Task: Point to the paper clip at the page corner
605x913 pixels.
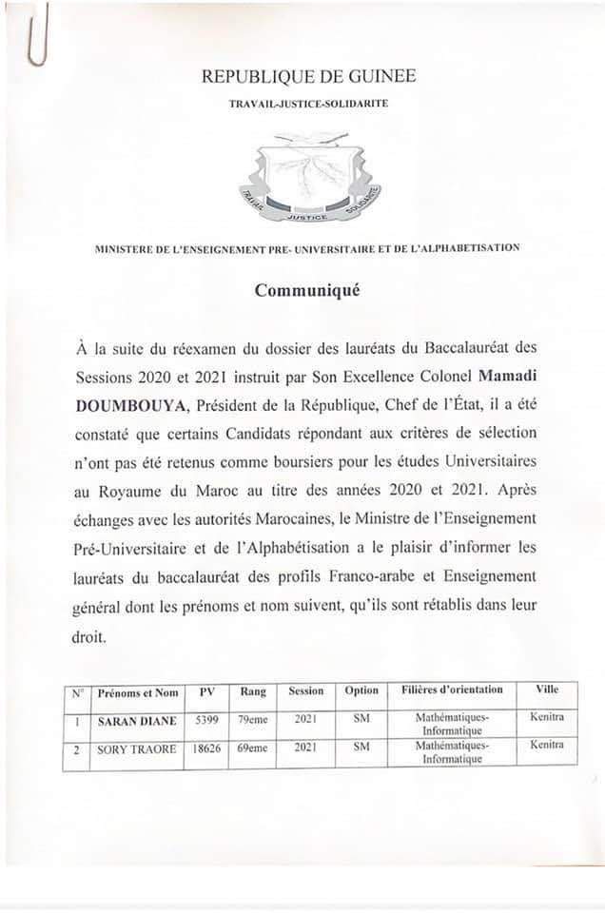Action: [37, 33]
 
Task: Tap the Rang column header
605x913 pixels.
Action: [253, 691]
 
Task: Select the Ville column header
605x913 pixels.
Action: [547, 690]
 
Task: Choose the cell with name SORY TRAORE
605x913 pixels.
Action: [138, 749]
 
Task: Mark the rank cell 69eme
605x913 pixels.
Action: [253, 749]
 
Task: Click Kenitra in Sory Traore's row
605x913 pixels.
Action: [547, 745]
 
